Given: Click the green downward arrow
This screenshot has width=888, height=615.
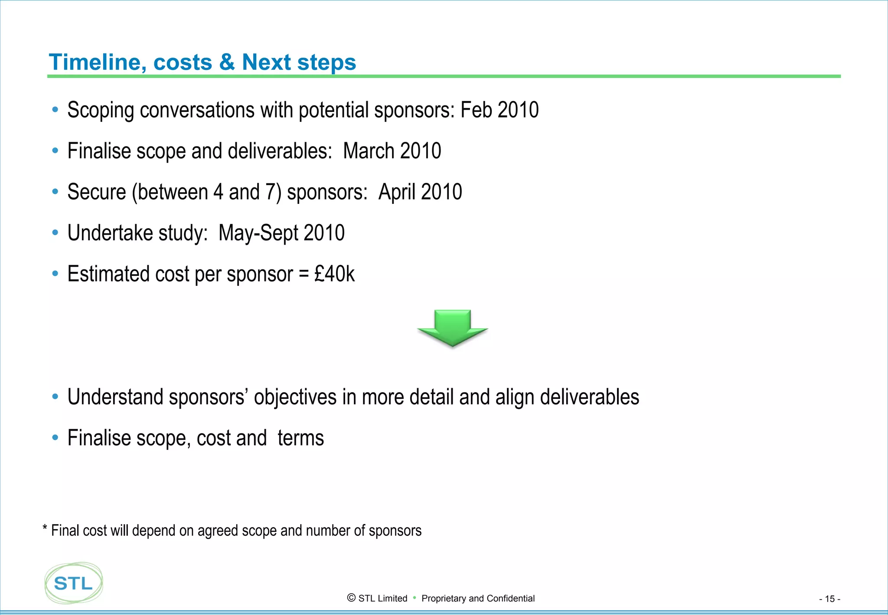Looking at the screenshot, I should click(x=452, y=328).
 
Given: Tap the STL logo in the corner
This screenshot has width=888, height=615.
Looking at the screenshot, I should click(x=74, y=583).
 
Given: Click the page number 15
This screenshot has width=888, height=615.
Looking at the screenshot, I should click(x=829, y=599).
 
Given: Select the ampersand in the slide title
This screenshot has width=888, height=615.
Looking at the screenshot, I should click(x=227, y=62).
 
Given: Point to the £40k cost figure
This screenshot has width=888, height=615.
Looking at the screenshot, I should click(x=334, y=274).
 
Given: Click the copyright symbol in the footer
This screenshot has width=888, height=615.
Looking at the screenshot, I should click(x=351, y=598).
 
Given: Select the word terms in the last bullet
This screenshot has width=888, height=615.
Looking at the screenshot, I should click(x=300, y=438).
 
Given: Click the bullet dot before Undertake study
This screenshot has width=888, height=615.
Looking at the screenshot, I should click(x=55, y=233).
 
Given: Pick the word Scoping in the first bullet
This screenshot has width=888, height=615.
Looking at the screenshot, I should click(x=101, y=111).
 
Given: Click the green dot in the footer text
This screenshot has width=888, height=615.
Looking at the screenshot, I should click(x=415, y=598).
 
